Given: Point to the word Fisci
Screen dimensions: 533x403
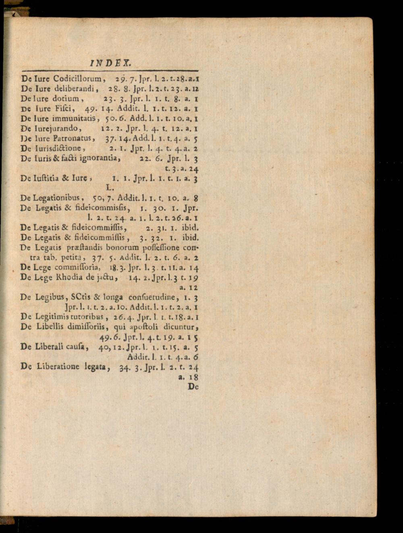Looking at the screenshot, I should tap(63, 108).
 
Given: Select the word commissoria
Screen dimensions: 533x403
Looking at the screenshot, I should tap(76, 267).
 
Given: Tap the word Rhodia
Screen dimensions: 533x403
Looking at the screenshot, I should tap(69, 277).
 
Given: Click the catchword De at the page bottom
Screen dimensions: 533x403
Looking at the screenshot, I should tap(193, 387).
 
